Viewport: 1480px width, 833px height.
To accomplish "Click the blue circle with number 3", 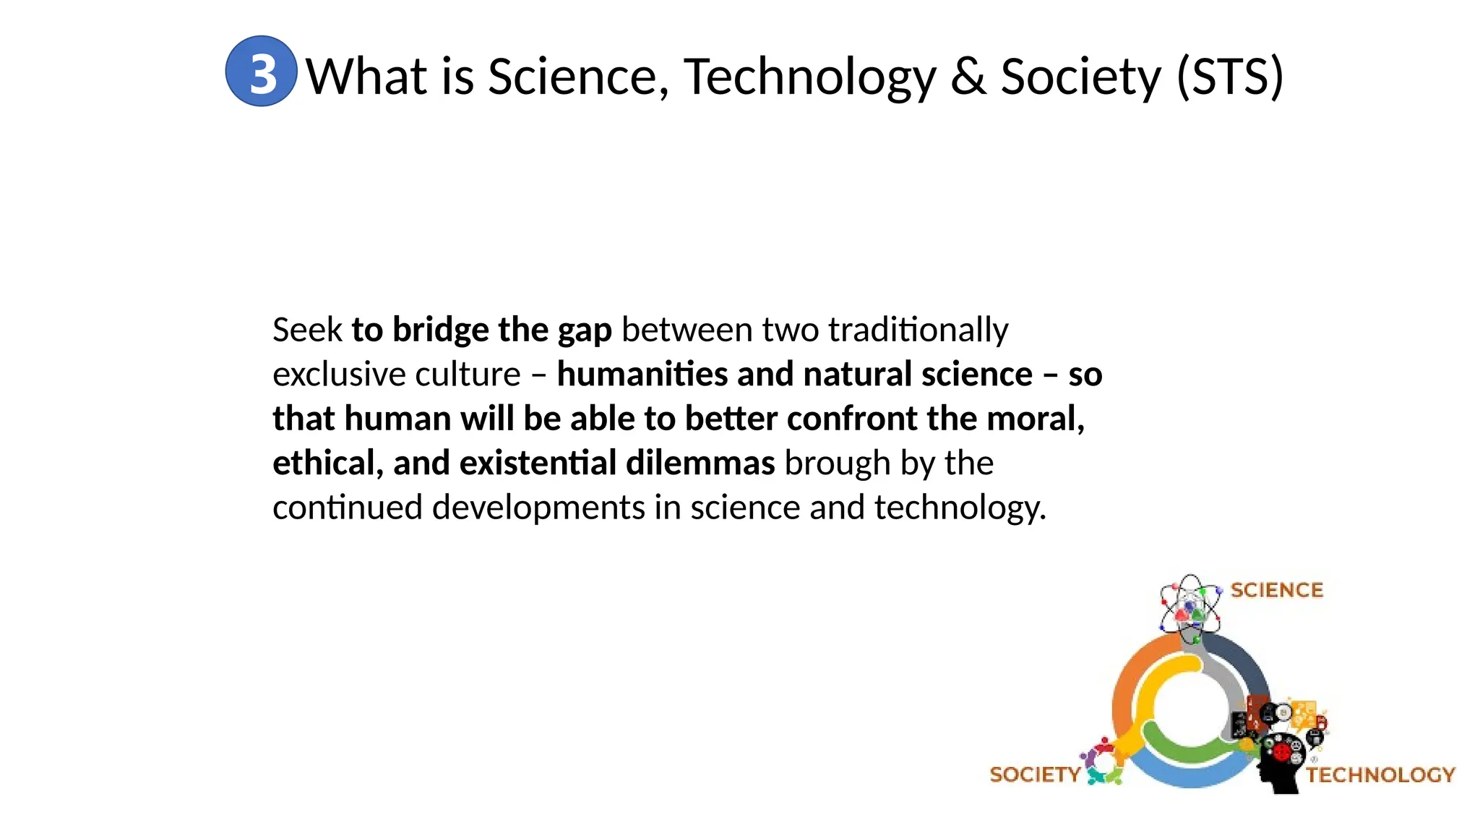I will tap(261, 72).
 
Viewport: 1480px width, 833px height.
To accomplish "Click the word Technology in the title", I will tap(809, 77).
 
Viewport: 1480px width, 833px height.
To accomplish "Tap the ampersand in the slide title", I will tap(968, 77).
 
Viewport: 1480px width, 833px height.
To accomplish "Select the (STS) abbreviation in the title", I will tap(1230, 77).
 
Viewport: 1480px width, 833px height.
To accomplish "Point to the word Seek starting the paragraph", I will tap(307, 330).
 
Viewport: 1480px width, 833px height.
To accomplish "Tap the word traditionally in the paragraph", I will tap(918, 330).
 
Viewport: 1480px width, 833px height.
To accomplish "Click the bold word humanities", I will tap(642, 375).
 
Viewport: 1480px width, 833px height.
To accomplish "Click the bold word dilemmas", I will tap(700, 464).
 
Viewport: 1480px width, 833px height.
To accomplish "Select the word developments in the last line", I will tap(538, 508).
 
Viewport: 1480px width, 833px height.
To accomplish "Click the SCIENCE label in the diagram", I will tap(1277, 590).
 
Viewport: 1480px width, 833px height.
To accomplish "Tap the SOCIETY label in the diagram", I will tap(1034, 774).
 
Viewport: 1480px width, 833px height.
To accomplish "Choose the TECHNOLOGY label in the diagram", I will tap(1380, 775).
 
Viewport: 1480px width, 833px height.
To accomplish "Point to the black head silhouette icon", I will tap(1281, 763).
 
